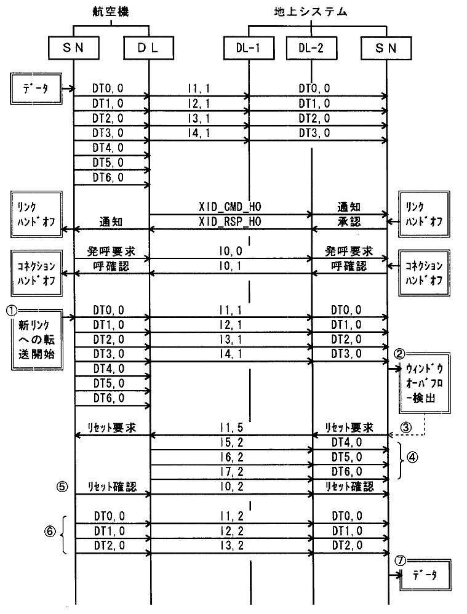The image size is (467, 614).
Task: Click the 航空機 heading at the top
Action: coord(111,12)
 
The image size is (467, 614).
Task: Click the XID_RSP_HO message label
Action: coord(230,221)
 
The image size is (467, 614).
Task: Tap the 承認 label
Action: coord(348,221)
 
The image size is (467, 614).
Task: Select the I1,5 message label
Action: coord(230,427)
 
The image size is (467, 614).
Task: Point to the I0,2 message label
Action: coord(230,486)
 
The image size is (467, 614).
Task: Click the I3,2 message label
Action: coord(230,546)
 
